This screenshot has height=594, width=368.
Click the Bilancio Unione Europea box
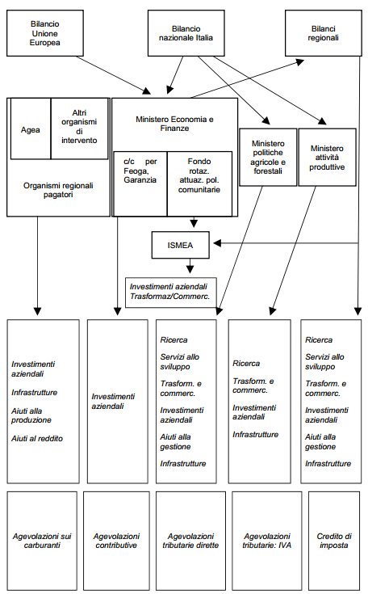point(45,33)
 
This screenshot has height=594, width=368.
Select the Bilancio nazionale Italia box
point(186,33)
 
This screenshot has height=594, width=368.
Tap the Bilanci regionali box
point(324,33)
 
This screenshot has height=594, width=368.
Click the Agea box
point(31,128)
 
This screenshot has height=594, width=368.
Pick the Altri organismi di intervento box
point(79,128)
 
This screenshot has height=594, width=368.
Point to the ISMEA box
point(181,245)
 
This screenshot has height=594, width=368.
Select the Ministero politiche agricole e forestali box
point(268,158)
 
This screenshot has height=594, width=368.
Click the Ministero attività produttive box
point(327,158)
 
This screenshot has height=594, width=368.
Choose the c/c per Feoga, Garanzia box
point(140,183)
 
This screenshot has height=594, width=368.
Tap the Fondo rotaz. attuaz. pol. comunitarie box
point(199,183)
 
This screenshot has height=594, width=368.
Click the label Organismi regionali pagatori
point(58,190)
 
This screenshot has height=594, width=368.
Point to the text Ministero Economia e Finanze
point(174,124)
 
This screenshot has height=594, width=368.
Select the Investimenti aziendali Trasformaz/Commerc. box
point(171,293)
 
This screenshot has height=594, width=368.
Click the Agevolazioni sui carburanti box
point(42,541)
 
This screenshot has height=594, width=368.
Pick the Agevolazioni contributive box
point(116,541)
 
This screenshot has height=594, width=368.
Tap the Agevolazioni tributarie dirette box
point(190,541)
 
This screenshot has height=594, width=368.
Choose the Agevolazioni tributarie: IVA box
point(267,541)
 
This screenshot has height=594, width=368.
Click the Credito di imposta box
point(334,541)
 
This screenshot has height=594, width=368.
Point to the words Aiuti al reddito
point(37,439)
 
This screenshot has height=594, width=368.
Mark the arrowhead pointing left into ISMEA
point(217,243)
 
